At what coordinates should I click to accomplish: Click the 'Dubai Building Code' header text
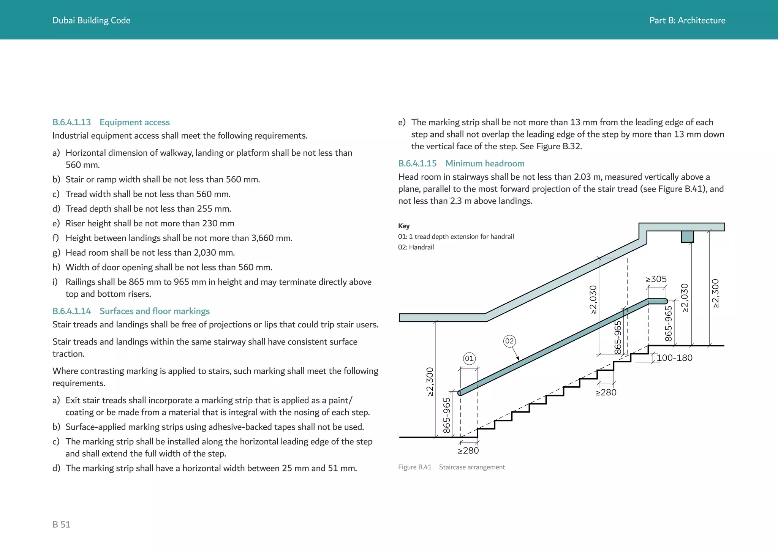(x=91, y=21)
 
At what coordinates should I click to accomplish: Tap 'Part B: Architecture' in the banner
(x=687, y=21)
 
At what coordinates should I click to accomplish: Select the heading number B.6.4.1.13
(x=71, y=122)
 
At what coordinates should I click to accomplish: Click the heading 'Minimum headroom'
(x=485, y=163)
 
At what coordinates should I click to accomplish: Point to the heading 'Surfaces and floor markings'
(x=154, y=311)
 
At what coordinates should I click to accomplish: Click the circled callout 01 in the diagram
(x=469, y=359)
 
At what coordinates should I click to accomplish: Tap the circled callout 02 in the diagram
(x=509, y=341)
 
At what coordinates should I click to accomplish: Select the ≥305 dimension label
(x=656, y=279)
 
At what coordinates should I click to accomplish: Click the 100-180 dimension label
(x=674, y=358)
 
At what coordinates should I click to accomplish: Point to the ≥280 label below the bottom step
(x=468, y=451)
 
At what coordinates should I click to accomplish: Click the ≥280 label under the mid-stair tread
(x=606, y=393)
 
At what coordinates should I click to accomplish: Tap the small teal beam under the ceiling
(x=687, y=237)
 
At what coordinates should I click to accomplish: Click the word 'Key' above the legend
(x=403, y=226)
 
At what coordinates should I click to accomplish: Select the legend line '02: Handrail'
(x=416, y=247)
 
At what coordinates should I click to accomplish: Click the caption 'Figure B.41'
(x=414, y=467)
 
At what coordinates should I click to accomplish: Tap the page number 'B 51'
(x=61, y=525)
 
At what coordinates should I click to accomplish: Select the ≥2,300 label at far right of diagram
(x=715, y=293)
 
